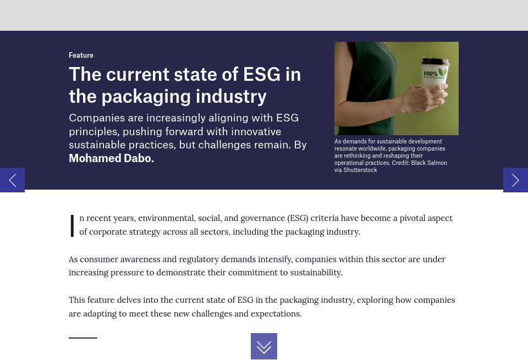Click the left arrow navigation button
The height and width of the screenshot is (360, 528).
(x=12, y=180)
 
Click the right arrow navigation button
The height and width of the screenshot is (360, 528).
(x=515, y=180)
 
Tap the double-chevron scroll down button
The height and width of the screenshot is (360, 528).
(x=264, y=346)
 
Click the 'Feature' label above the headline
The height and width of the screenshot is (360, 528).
(x=81, y=56)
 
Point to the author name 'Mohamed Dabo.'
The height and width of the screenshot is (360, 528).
(x=111, y=158)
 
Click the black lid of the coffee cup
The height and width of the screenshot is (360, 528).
(x=435, y=62)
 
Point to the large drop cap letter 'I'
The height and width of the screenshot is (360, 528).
(x=72, y=225)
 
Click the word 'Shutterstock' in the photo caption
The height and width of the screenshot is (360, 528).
(x=360, y=170)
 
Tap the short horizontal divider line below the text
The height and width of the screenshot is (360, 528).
(x=83, y=337)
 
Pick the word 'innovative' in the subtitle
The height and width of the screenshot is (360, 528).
(x=255, y=132)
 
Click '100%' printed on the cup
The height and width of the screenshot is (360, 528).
(x=430, y=74)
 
